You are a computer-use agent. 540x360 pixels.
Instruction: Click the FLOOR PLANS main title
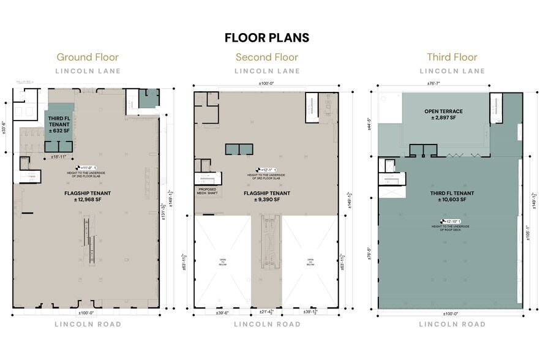267,37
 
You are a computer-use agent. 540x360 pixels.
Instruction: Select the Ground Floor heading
88,58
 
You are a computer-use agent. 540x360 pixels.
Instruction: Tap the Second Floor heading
267,58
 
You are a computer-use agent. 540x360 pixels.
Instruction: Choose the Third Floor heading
452,58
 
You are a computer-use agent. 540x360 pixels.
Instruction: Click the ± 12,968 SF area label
88,199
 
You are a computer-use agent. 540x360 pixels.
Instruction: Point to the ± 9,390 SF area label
267,199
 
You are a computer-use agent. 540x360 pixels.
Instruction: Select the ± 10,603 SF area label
452,200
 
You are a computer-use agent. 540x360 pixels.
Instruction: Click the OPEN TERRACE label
444,111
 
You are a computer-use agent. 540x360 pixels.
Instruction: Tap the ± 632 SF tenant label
61,130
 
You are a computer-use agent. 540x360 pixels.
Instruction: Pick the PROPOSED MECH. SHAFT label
208,192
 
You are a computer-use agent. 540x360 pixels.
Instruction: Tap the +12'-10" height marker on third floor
451,221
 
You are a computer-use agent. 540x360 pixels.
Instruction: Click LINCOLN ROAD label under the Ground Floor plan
88,324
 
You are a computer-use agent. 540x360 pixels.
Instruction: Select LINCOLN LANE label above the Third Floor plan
452,71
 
